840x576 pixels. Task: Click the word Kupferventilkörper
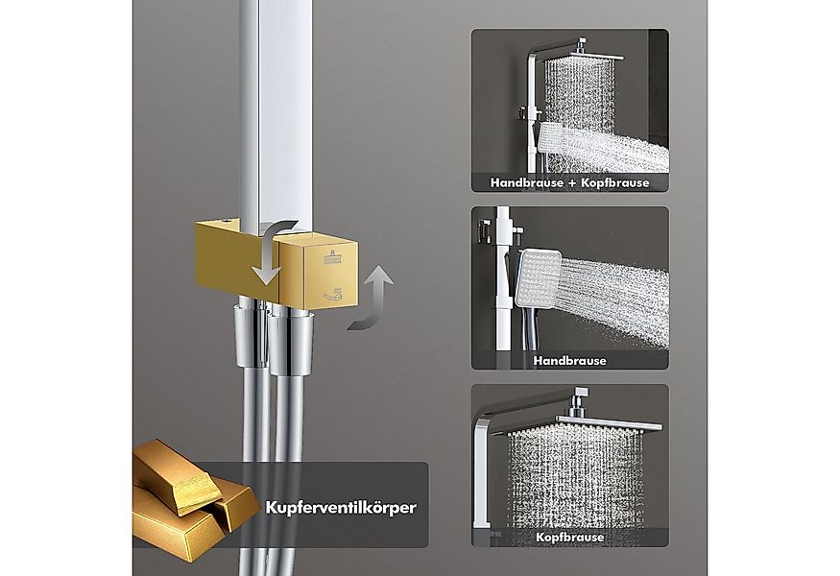(341, 508)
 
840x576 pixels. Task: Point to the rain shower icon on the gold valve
(333, 258)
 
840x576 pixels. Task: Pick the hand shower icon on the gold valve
(333, 294)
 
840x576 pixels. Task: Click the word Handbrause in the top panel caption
(527, 182)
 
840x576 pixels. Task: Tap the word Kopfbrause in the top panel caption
(615, 182)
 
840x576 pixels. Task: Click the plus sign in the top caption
(572, 183)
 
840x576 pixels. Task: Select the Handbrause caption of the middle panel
(570, 361)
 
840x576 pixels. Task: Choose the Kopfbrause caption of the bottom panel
(570, 537)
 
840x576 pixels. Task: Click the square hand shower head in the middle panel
(539, 277)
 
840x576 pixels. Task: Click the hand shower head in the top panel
(552, 138)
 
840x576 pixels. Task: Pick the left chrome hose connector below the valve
(252, 336)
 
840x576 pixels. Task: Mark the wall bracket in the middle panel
(483, 229)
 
